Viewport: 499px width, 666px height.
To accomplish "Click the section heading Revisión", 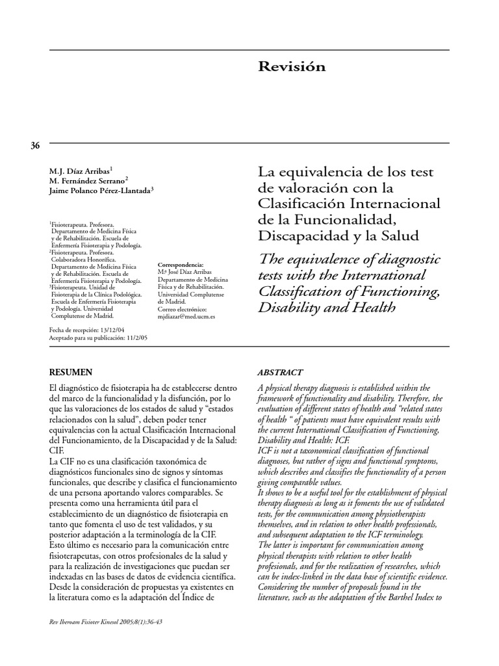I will (x=292, y=67).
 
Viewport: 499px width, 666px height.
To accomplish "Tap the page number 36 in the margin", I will (x=35, y=146).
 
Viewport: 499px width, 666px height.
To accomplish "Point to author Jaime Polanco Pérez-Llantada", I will (x=101, y=190).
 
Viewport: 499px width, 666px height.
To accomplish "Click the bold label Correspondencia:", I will (x=181, y=265).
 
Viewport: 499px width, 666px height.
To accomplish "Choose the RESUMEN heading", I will (x=71, y=372).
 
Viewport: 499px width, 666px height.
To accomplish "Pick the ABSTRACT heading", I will (x=280, y=373).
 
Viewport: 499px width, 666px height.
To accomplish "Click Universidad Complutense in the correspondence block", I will (x=191, y=294).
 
